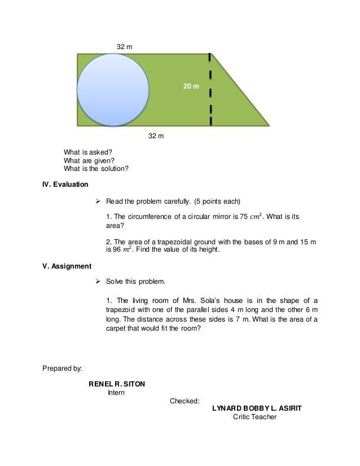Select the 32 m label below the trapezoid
click(x=156, y=136)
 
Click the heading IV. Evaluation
click(x=65, y=184)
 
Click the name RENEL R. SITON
click(x=117, y=384)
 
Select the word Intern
click(x=117, y=392)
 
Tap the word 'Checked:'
click(x=185, y=401)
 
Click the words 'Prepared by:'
click(x=62, y=369)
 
